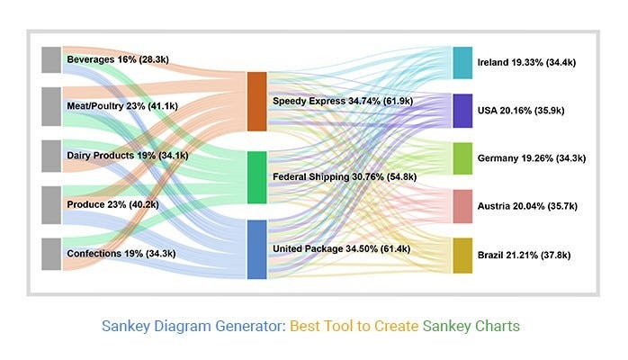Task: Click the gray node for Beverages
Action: click(51, 59)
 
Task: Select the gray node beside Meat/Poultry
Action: click(51, 106)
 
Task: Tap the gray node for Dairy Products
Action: click(51, 155)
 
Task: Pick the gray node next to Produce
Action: click(51, 204)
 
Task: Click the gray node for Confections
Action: click(51, 254)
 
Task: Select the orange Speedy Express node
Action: click(256, 101)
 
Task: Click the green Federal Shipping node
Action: click(256, 177)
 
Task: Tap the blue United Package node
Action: click(256, 249)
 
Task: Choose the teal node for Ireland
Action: click(462, 63)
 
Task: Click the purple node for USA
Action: click(462, 111)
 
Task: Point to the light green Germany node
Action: click(462, 158)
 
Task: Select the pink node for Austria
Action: click(462, 206)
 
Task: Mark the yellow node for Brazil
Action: click(462, 256)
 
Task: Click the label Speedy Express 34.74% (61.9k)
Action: click(342, 102)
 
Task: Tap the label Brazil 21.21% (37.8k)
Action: click(531, 256)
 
